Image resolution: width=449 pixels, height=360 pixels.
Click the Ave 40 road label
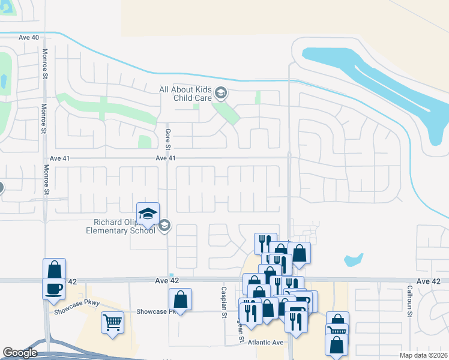29,37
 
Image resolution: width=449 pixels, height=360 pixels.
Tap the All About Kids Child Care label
187,94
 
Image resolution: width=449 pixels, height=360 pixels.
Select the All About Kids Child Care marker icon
221,92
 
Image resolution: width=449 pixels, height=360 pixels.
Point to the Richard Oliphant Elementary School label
121,226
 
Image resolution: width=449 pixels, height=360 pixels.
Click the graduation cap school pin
148,213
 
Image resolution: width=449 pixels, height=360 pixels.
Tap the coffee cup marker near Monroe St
53,288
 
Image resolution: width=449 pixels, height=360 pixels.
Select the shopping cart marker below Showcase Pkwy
112,323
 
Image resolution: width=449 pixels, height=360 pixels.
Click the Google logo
20,353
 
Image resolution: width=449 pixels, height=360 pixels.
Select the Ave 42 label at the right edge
428,281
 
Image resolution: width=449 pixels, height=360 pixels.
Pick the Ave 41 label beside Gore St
165,158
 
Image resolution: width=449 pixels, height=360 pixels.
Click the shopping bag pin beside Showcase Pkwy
180,299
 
